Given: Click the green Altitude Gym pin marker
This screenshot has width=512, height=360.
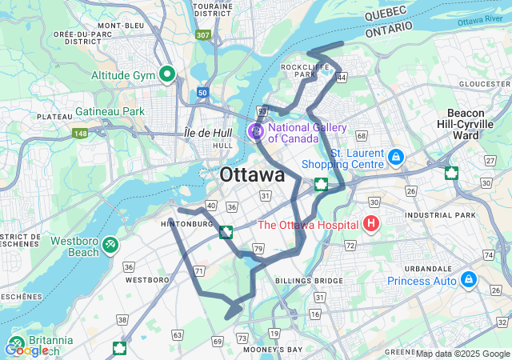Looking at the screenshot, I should (167, 75).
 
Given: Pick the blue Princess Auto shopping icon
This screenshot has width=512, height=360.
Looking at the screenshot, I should (468, 280).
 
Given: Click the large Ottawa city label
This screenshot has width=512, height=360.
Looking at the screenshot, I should (252, 175).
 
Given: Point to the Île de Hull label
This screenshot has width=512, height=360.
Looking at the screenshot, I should (208, 132).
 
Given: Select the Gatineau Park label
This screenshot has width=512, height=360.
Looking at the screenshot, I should (110, 111).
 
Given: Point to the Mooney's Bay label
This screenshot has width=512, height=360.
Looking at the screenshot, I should (274, 350).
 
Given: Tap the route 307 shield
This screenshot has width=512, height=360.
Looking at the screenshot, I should (203, 35).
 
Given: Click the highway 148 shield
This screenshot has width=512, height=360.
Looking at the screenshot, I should (80, 133).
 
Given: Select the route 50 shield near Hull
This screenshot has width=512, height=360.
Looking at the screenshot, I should (202, 93).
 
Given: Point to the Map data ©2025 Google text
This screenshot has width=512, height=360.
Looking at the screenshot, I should (462, 354).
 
